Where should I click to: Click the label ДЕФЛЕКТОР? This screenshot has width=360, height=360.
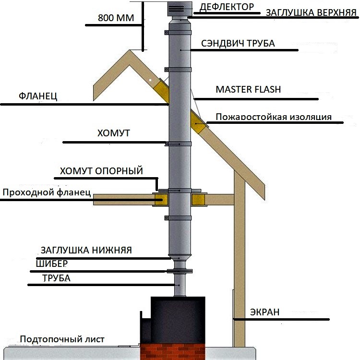(227, 7)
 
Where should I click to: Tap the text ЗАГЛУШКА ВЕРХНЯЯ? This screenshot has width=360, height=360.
(311, 12)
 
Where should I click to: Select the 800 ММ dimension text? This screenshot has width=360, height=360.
(116, 18)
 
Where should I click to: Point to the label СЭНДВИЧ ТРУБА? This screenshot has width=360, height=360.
(238, 43)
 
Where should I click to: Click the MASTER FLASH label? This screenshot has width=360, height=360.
(248, 89)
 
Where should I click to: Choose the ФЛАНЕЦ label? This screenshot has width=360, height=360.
(38, 96)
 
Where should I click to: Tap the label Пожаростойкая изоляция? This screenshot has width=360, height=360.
(274, 117)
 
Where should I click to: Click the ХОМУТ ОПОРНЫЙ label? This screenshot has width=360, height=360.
(101, 171)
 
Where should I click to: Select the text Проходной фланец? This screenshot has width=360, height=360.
(47, 192)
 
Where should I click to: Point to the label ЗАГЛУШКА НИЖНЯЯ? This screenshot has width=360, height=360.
(86, 250)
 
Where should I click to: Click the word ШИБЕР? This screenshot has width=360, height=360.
(52, 264)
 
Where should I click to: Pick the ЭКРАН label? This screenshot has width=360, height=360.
(264, 312)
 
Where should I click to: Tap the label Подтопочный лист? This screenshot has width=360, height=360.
(62, 339)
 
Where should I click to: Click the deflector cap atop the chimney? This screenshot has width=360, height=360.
(180, 10)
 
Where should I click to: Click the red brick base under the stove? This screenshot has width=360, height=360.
(173, 352)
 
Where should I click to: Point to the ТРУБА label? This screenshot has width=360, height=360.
(57, 278)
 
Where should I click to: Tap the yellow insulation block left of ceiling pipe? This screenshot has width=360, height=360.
(161, 199)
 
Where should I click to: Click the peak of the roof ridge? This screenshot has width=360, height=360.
(130, 50)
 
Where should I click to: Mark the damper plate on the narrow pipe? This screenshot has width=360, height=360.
(180, 271)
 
